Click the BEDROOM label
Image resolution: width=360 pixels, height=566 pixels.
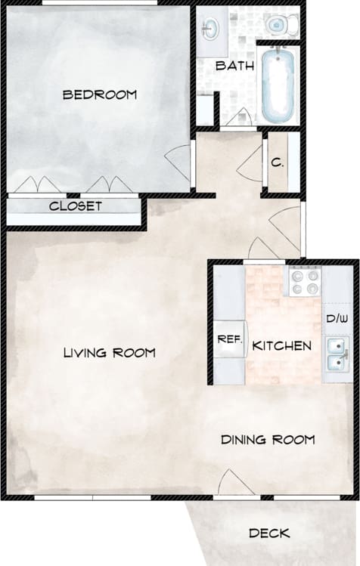click(x=100, y=94)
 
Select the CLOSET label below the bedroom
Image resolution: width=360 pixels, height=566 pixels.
click(x=76, y=206)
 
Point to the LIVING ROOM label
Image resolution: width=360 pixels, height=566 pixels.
click(x=110, y=352)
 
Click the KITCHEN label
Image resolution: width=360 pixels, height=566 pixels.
click(x=281, y=346)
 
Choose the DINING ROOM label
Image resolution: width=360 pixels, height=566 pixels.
click(x=267, y=439)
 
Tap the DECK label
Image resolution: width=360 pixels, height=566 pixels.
click(x=269, y=533)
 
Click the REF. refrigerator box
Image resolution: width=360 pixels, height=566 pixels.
click(x=229, y=340)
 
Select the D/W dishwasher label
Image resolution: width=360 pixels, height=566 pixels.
click(x=337, y=319)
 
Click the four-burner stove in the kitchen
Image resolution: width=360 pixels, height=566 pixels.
click(x=305, y=282)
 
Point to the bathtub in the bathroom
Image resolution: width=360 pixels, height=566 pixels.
click(x=279, y=85)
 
